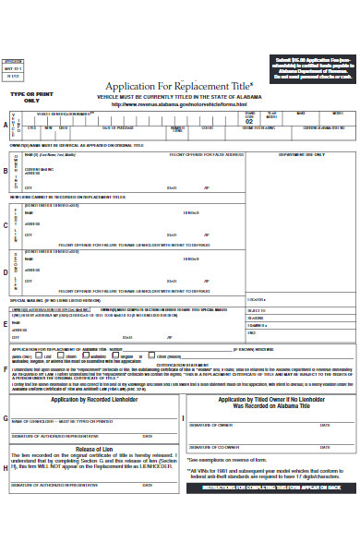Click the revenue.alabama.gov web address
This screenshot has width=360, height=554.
pos(179,103)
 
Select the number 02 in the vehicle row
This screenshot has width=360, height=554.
pos(247,120)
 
